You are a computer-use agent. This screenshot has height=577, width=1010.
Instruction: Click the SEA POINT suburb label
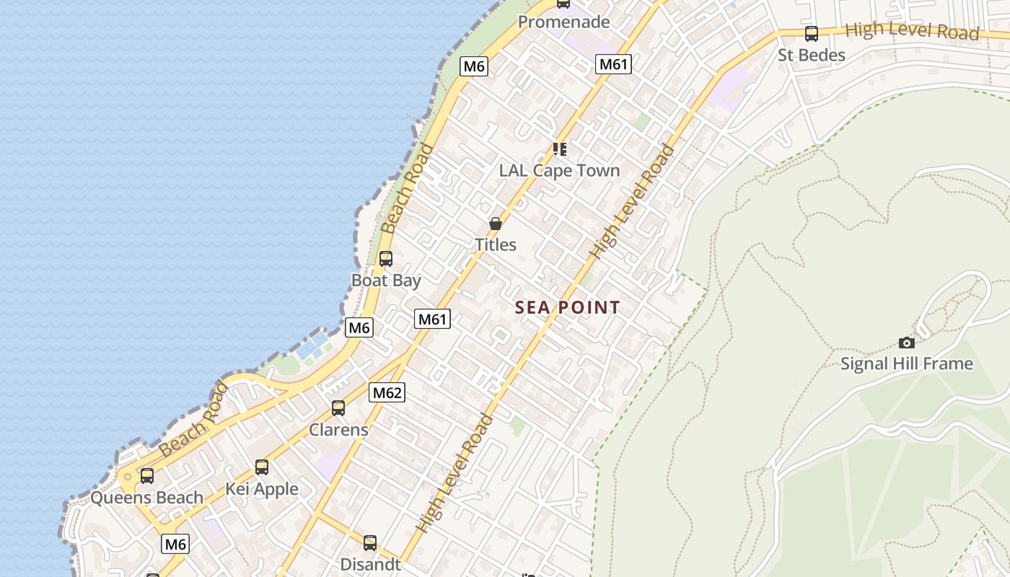(x=568, y=308)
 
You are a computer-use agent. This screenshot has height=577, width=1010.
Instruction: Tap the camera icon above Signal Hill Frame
(x=907, y=343)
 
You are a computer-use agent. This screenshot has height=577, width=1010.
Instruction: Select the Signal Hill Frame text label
(x=907, y=364)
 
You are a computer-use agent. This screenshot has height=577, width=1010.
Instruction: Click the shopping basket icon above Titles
(x=496, y=224)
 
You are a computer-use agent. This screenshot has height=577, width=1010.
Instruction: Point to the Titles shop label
(x=496, y=245)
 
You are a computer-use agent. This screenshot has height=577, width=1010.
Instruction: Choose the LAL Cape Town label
(x=560, y=171)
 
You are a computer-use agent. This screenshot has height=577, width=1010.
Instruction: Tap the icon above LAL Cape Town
(x=560, y=149)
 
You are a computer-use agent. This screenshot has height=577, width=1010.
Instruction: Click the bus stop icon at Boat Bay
(x=386, y=258)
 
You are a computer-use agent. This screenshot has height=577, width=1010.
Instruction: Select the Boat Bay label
(x=386, y=280)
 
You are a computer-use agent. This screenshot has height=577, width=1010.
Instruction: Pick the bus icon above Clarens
(x=338, y=408)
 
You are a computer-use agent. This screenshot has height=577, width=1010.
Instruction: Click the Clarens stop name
(x=338, y=430)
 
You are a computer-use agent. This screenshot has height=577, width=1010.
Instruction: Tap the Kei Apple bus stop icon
(x=262, y=467)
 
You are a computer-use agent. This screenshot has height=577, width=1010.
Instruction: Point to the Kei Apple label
(x=262, y=489)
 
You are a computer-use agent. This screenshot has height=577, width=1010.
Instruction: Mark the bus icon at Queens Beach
(x=147, y=476)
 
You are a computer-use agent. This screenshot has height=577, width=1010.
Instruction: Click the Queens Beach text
(x=147, y=498)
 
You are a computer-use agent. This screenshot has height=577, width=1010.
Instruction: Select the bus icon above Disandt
(x=370, y=542)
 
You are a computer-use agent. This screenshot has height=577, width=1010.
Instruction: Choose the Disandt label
(x=370, y=564)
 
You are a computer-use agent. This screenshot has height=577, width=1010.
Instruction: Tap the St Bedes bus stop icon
(x=812, y=33)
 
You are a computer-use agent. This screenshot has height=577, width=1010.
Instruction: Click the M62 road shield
(x=387, y=393)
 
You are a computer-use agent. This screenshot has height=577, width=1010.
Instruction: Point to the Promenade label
(x=563, y=22)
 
